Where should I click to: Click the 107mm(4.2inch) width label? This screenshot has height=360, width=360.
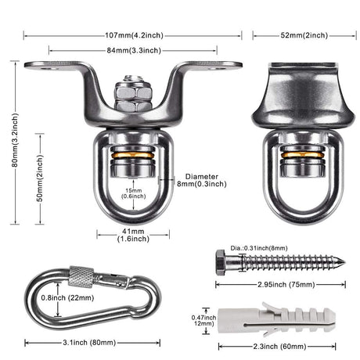tap(134, 35)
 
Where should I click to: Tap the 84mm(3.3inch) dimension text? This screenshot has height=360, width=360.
tap(134, 50)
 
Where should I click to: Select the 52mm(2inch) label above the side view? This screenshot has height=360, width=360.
tap(304, 35)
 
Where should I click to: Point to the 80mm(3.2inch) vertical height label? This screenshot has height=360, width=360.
tap(15, 140)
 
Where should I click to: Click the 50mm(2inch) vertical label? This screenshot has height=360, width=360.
tap(40, 178)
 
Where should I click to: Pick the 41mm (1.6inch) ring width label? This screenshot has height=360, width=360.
tap(133, 235)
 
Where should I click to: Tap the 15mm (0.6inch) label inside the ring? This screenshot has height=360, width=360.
tap(133, 193)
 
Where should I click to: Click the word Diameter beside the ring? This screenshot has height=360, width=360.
tap(202, 177)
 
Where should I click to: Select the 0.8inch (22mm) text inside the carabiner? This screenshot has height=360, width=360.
tap(67, 297)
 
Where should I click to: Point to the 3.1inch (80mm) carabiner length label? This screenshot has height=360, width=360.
tap(89, 343)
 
